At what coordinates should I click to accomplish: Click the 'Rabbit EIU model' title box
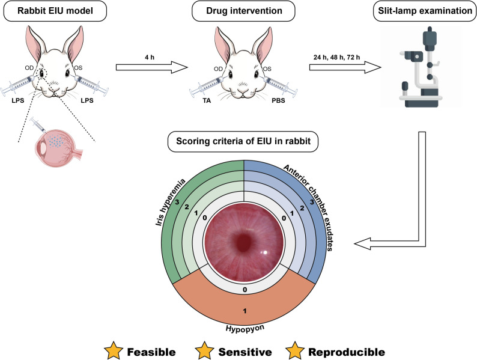click(x=55, y=11)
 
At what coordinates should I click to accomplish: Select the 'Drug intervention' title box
click(x=244, y=11)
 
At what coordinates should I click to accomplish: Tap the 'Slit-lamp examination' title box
click(x=425, y=11)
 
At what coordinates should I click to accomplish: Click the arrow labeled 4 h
click(x=152, y=67)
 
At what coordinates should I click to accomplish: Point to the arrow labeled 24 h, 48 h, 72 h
click(x=345, y=67)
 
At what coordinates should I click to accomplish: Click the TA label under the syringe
click(x=207, y=100)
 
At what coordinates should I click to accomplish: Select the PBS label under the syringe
click(x=278, y=100)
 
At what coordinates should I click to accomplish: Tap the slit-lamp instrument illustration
click(x=422, y=67)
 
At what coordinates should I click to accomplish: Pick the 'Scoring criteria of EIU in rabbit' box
click(x=243, y=141)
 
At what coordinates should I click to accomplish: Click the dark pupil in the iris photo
click(x=243, y=242)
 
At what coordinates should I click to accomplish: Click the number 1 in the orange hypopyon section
click(x=245, y=311)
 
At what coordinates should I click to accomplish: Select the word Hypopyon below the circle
click(x=245, y=328)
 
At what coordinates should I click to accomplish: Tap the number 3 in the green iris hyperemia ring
click(x=177, y=201)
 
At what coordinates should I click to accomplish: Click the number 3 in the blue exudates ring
click(x=312, y=201)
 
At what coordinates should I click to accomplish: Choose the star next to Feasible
click(x=114, y=350)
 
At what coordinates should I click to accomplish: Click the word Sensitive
click(x=245, y=352)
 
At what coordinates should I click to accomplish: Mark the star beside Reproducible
click(x=295, y=350)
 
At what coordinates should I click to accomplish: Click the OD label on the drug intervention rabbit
click(x=218, y=69)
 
